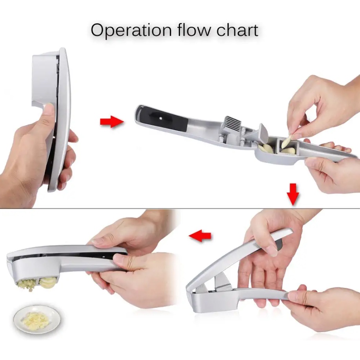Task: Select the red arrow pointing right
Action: (x=111, y=122)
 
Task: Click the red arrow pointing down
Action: (x=293, y=193)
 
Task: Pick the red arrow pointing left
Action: (x=200, y=236)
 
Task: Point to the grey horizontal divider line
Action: (x=118, y=208)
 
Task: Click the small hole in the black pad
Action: (x=161, y=117)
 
